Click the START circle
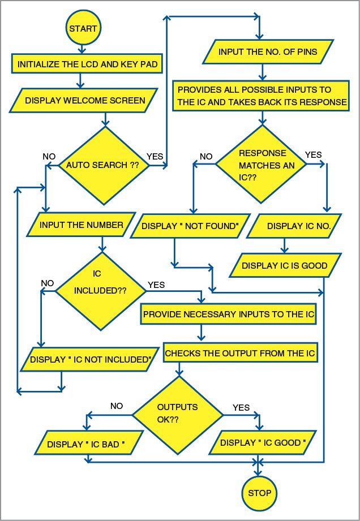click(83, 28)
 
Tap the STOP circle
click(259, 493)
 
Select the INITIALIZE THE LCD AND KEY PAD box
click(87, 64)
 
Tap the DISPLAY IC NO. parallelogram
click(294, 226)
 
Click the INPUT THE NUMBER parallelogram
click(81, 225)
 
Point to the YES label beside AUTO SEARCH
click(155, 156)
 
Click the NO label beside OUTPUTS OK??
click(117, 406)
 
